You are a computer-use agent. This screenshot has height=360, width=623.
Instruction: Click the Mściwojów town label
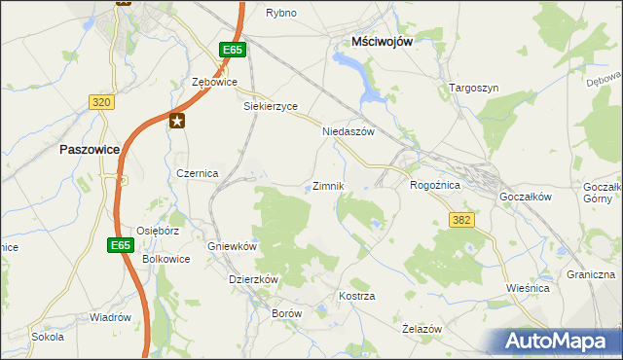[384, 42]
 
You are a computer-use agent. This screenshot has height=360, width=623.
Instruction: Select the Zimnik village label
[328, 186]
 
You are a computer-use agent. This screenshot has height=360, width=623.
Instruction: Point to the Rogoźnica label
[434, 184]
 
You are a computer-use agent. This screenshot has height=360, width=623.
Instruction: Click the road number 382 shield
[461, 221]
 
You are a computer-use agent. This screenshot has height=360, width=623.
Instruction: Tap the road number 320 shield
[100, 101]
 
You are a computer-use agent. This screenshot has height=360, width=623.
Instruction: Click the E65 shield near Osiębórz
[120, 245]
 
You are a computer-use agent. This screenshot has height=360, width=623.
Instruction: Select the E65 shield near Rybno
[231, 50]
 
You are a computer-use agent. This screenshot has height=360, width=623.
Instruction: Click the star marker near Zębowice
[177, 121]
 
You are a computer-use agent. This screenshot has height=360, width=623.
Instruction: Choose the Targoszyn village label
[474, 88]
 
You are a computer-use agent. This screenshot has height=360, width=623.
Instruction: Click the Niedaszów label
[348, 131]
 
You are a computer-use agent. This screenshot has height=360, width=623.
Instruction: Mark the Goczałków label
[526, 196]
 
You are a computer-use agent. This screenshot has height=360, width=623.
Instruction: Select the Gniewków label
[232, 246]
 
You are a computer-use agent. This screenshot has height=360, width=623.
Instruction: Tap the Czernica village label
[197, 172]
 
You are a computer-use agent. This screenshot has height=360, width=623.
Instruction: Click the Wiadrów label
[110, 317]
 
